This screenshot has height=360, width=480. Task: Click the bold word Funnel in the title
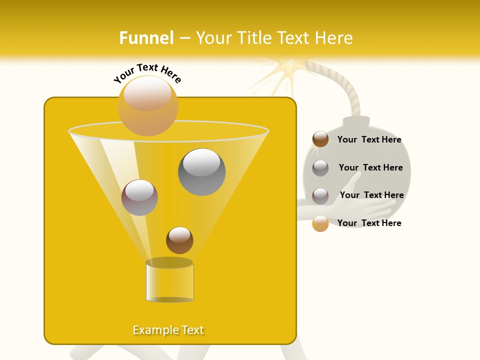(146, 38)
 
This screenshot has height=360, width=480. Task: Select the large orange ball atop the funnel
(148, 105)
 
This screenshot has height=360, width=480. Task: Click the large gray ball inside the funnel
(202, 172)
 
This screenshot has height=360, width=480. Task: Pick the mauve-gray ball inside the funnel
(139, 197)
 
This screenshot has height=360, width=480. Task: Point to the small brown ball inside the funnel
(179, 240)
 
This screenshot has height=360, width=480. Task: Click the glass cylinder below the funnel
(169, 281)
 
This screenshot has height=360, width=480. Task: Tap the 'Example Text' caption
(168, 330)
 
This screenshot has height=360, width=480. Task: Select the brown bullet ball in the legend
(320, 139)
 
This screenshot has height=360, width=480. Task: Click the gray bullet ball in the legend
(320, 168)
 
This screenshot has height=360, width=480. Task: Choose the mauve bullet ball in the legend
(320, 195)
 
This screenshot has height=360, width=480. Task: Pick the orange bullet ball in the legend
(320, 223)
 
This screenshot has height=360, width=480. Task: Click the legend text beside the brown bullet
(369, 140)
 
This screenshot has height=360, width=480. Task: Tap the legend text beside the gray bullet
(370, 167)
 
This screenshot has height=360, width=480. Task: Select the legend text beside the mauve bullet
(371, 195)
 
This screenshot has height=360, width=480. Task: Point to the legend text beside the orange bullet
(369, 223)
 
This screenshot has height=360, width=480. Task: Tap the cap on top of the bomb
(355, 121)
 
